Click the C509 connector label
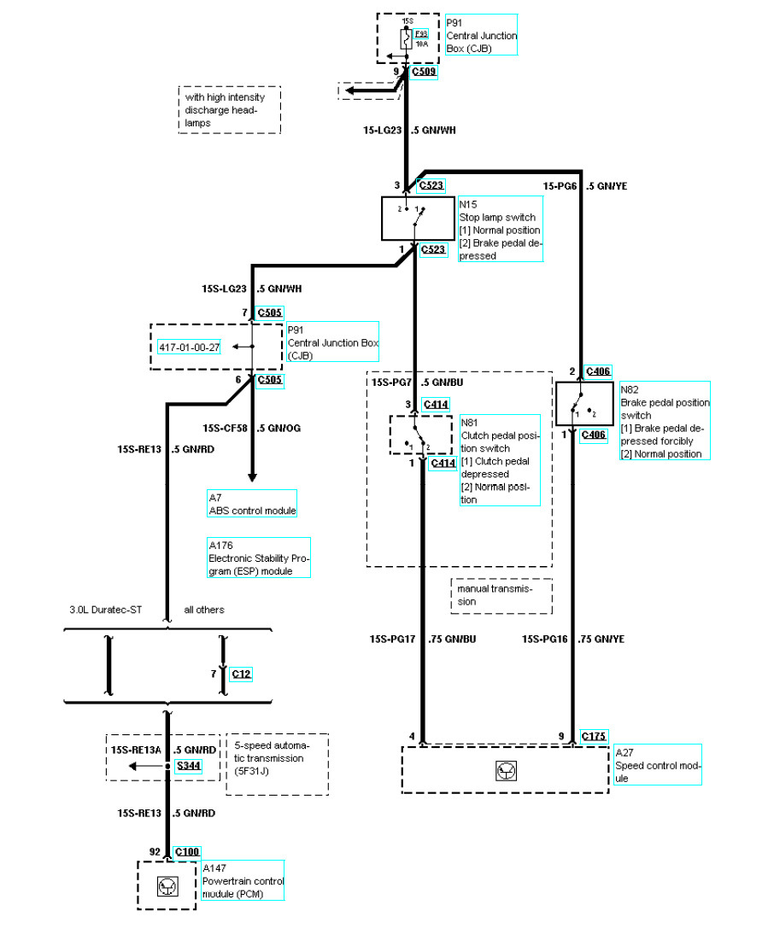[x=425, y=72]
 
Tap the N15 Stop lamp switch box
[x=418, y=218]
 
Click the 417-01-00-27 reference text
[x=190, y=347]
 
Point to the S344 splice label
[x=189, y=767]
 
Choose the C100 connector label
[x=186, y=851]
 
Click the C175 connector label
[x=595, y=736]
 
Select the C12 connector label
[x=242, y=674]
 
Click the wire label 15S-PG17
[x=392, y=639]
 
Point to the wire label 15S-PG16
[x=546, y=639]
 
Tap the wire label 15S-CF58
[x=226, y=428]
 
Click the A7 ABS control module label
[x=251, y=504]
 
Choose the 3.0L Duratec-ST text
[x=106, y=610]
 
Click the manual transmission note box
[x=501, y=595]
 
